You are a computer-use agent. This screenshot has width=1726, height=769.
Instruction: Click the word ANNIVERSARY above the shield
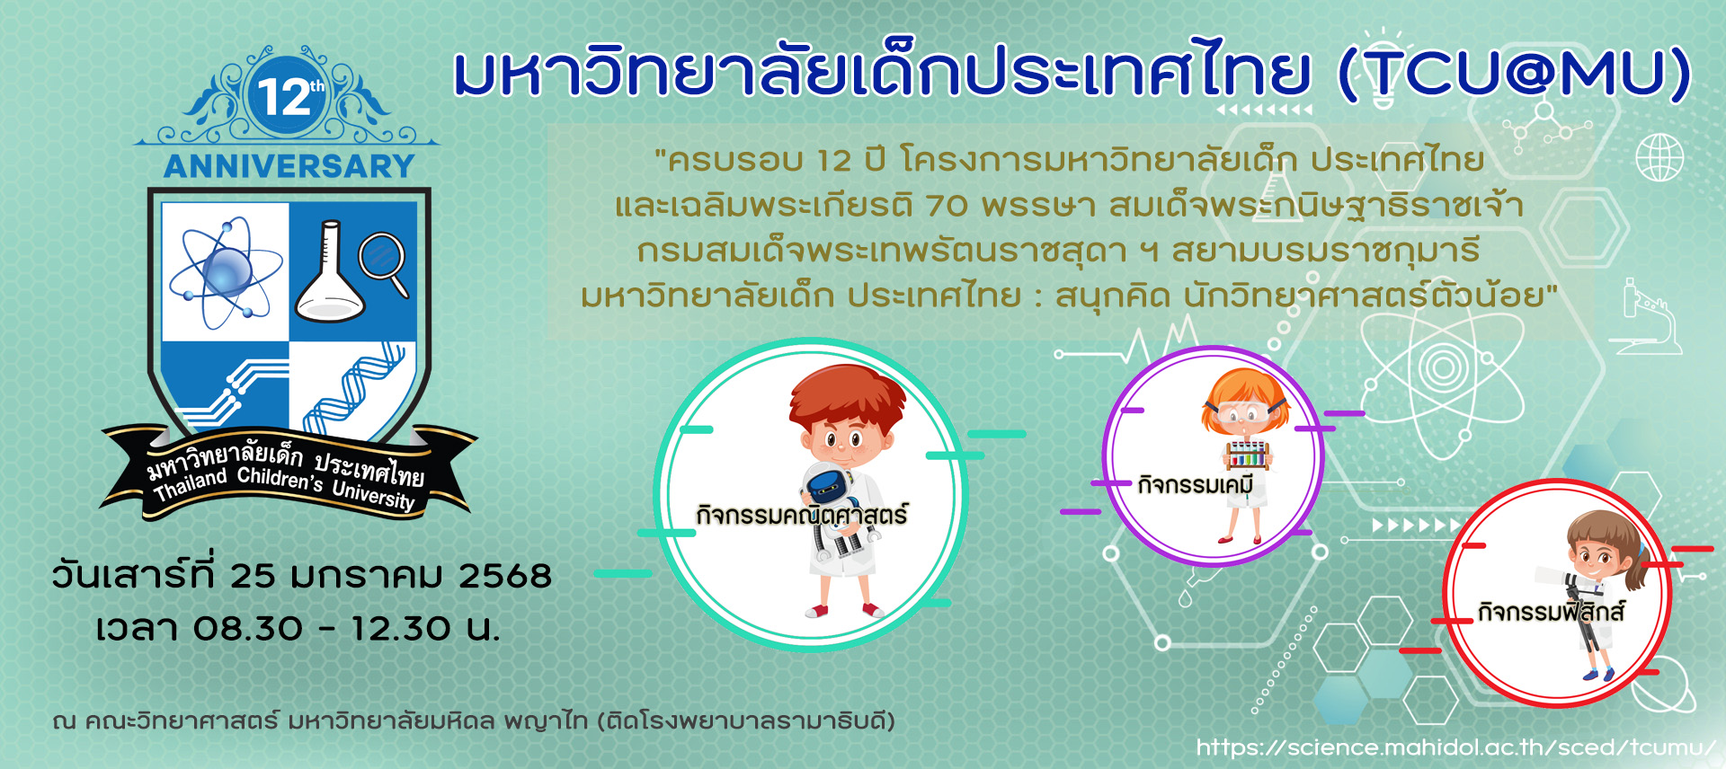(289, 166)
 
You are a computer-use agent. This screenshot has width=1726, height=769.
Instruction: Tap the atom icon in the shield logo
(226, 271)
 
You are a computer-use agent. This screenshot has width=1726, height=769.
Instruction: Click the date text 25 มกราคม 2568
(390, 575)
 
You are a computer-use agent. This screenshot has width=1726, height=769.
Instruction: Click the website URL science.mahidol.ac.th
(1456, 747)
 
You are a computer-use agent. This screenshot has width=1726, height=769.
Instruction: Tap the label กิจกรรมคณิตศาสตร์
(802, 515)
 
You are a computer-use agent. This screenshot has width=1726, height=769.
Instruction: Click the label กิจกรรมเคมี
(1196, 484)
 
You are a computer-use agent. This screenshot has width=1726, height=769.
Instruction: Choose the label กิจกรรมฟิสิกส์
(1552, 612)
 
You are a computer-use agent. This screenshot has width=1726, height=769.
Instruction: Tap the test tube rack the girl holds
(1250, 455)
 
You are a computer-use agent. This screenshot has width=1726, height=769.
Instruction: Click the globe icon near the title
(1659, 157)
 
